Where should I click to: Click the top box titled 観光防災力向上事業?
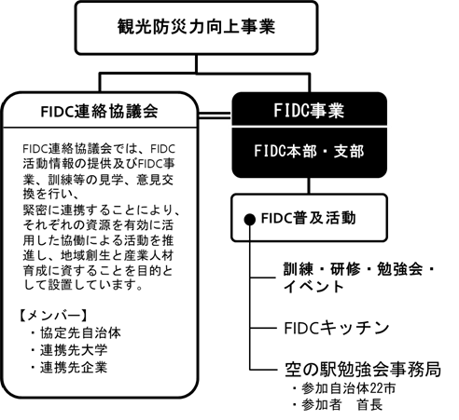(196, 28)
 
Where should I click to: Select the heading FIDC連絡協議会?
(100, 112)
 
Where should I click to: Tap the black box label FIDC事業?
(309, 111)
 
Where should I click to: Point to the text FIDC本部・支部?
(309, 151)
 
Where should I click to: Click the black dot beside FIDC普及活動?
(250, 220)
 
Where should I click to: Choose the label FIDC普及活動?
(308, 218)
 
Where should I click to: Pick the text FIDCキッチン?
(337, 328)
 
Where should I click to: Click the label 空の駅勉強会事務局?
(363, 369)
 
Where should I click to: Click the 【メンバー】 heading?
(52, 316)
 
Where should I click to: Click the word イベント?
(313, 286)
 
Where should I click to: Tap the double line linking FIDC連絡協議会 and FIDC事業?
(215, 115)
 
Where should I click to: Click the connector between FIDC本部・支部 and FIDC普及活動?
(309, 185)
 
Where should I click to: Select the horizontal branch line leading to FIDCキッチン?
(263, 328)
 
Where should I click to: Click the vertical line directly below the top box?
(196, 64)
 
